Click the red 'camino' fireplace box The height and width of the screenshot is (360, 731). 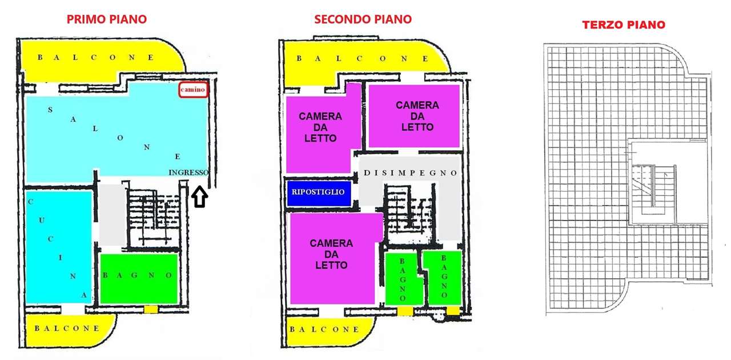click(x=193, y=90)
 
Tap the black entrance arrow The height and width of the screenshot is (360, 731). click(x=199, y=197)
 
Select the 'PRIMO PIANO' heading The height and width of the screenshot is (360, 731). click(x=107, y=19)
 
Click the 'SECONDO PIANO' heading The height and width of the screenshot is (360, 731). click(x=363, y=19)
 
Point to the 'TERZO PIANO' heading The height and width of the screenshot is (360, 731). click(x=624, y=25)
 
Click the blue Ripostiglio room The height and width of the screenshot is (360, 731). click(x=319, y=193)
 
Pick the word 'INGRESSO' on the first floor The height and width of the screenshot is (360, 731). click(x=188, y=172)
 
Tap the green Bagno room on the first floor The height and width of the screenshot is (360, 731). click(x=139, y=279)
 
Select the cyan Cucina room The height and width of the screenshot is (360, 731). click(x=59, y=247)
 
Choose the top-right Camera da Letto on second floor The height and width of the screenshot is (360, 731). click(x=414, y=116)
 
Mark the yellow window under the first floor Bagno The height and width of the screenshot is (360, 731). click(x=151, y=309)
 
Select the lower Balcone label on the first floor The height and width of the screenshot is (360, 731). click(x=67, y=329)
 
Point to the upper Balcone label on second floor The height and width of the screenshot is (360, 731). click(x=362, y=58)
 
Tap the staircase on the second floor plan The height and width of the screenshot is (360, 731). click(x=409, y=214)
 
